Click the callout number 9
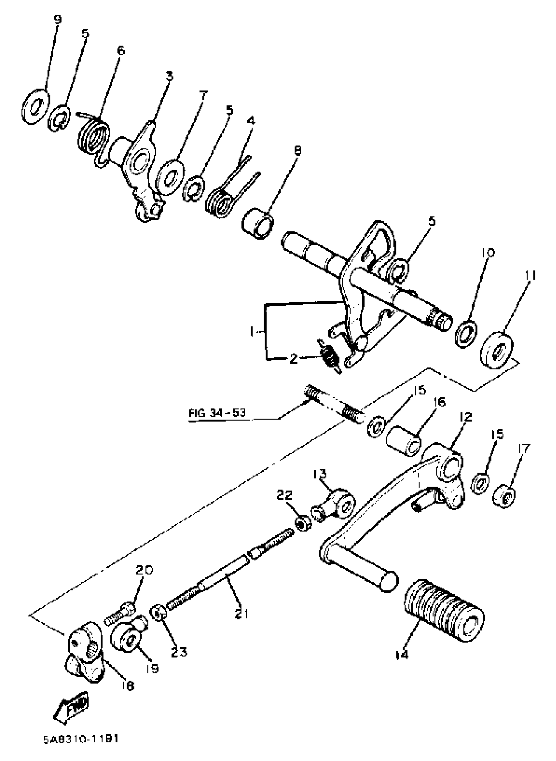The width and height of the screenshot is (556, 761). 58,20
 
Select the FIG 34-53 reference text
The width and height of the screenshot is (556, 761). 217,413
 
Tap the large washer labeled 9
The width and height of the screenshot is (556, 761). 35,106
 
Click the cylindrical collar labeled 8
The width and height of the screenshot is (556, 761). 258,223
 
